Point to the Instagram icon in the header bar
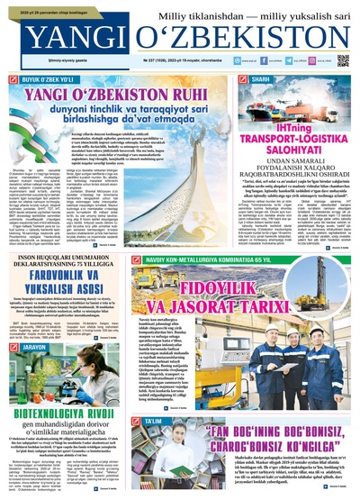tap(304, 61)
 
